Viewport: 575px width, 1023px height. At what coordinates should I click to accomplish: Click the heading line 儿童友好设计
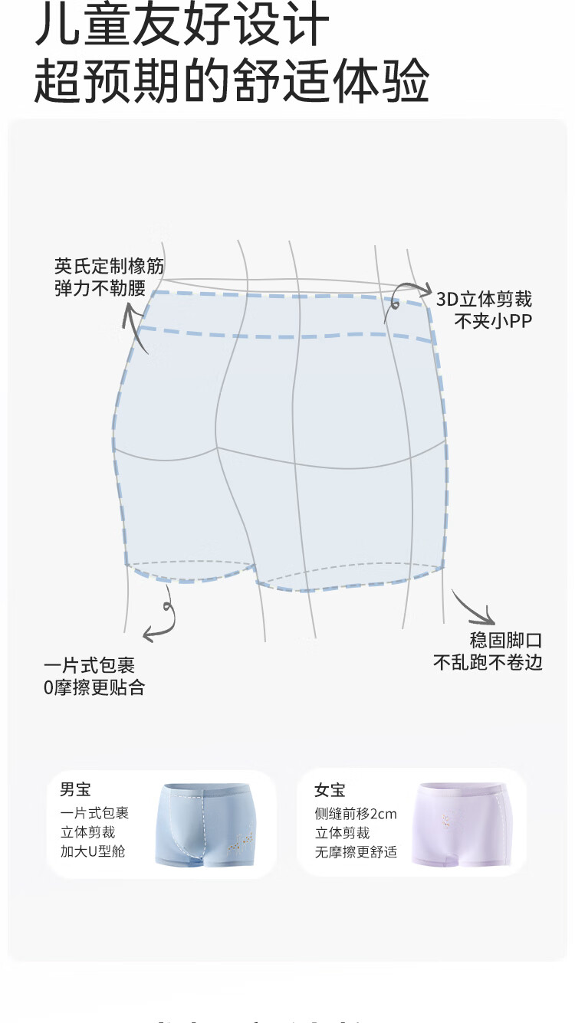pos(182,27)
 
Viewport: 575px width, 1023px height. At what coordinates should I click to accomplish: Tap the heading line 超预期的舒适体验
pos(231,80)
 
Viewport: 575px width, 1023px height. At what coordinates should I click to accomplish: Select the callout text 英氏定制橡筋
pos(109,267)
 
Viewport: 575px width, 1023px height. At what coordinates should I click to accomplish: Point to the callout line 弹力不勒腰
pos(100,289)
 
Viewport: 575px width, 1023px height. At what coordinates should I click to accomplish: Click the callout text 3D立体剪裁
pos(484,300)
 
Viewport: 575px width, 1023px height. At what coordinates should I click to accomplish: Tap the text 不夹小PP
pos(492,321)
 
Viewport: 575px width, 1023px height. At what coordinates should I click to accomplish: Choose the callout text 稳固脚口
pos(506,641)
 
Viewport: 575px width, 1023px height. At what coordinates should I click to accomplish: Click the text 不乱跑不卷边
pos(488,662)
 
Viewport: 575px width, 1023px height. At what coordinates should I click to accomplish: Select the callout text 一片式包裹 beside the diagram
pos(90,666)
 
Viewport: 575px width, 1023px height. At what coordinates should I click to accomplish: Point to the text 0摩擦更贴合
pos(94,687)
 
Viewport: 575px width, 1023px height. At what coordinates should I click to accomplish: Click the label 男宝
pos(75,789)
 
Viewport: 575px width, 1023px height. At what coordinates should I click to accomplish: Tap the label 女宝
pos(330,790)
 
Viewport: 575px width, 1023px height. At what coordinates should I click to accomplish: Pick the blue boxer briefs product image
pos(204,824)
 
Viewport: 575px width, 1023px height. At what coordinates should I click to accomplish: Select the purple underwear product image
pos(462,824)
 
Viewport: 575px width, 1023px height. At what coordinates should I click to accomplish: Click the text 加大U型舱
pos(93,851)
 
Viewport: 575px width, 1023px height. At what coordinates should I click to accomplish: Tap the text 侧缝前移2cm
pos(356,814)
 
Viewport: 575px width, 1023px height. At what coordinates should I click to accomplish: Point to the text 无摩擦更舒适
pos(356,851)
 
